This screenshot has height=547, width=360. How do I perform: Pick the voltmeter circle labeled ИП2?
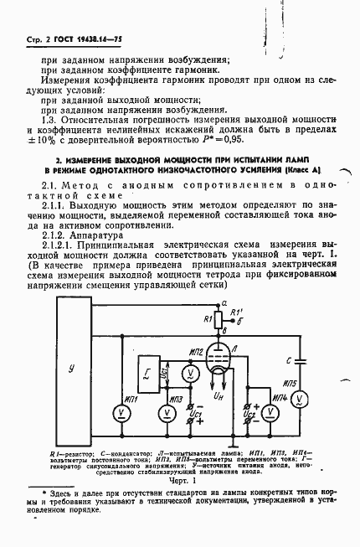(189, 373)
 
